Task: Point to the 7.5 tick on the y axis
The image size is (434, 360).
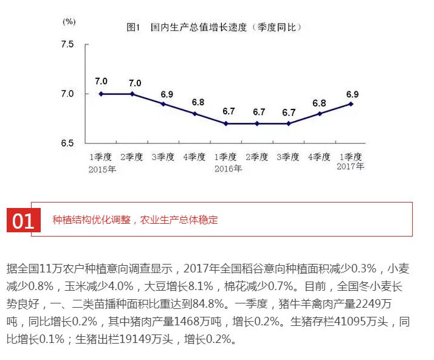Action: click(x=67, y=46)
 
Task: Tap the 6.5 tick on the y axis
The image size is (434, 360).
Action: click(x=67, y=143)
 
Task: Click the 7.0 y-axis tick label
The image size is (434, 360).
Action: click(x=67, y=94)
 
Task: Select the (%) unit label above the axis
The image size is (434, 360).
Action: click(x=69, y=21)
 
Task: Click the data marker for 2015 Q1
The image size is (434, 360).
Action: click(x=101, y=94)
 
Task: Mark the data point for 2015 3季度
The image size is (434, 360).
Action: click(x=164, y=104)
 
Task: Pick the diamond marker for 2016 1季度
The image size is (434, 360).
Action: click(x=226, y=123)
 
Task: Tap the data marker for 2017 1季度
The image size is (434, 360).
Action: click(x=351, y=104)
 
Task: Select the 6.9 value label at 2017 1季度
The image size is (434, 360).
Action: click(x=352, y=94)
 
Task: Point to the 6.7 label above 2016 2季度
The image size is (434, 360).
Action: click(x=259, y=112)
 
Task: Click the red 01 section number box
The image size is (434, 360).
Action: click(x=23, y=221)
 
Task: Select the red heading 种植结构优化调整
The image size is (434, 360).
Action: click(x=91, y=220)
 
